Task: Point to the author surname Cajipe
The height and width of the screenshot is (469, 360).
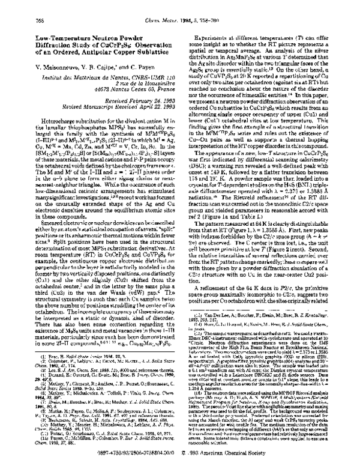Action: point(110,49)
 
